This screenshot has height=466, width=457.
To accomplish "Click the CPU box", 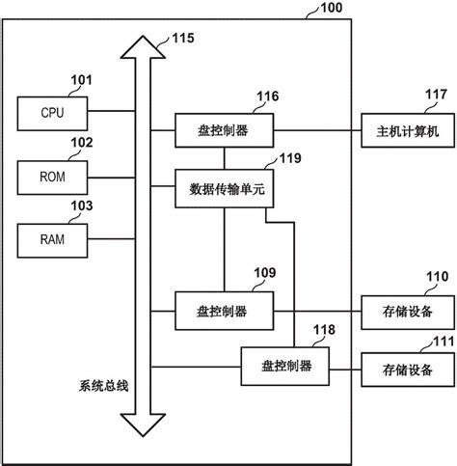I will pyautogui.click(x=52, y=112).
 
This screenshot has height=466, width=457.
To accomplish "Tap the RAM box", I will pyautogui.click(x=52, y=238).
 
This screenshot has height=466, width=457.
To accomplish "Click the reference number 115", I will pyautogui.click(x=182, y=40).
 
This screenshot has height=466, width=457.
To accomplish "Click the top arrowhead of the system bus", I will pyautogui.click(x=143, y=43).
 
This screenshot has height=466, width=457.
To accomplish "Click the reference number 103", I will pyautogui.click(x=83, y=206).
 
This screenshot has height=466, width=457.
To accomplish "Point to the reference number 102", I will pyautogui.click(x=83, y=144).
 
